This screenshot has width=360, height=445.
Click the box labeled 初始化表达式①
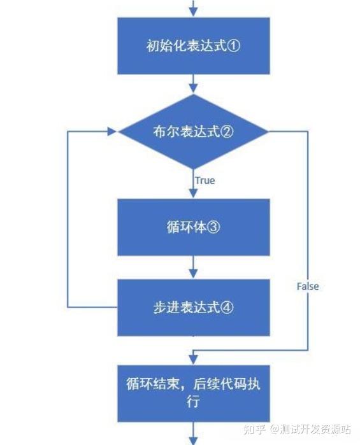194,46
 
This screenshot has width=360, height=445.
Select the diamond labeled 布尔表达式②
193,131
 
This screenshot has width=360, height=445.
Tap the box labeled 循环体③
194,227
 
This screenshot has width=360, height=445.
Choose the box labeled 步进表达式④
194,307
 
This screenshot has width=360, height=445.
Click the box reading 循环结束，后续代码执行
194,393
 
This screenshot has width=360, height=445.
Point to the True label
205,181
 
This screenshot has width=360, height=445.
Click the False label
308,286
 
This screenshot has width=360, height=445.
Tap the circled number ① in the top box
234,45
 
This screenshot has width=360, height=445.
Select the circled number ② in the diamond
227,131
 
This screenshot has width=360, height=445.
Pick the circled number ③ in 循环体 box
213,227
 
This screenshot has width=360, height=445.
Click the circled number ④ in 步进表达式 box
227,307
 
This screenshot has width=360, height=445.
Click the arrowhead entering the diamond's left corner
112,131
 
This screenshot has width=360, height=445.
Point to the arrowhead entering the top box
193,12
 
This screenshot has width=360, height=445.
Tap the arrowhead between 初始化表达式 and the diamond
193,88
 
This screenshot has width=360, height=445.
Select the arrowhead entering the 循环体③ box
193,194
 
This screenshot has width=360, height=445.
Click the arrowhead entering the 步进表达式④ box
193,274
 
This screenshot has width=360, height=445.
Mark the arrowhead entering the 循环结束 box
193,360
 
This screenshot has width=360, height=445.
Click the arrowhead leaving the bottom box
193,441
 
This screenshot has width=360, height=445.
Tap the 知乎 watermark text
254,429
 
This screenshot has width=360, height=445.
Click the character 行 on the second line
193,401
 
